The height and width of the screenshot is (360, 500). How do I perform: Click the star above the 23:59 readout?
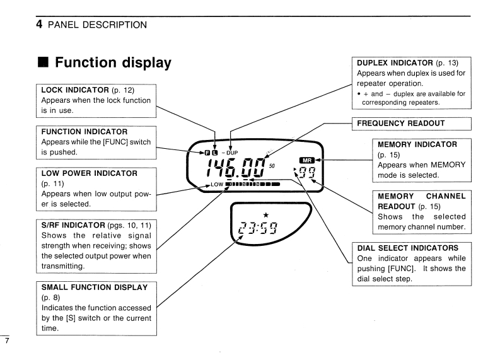click(x=256, y=216)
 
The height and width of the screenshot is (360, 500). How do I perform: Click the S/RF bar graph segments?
click(x=252, y=185)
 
